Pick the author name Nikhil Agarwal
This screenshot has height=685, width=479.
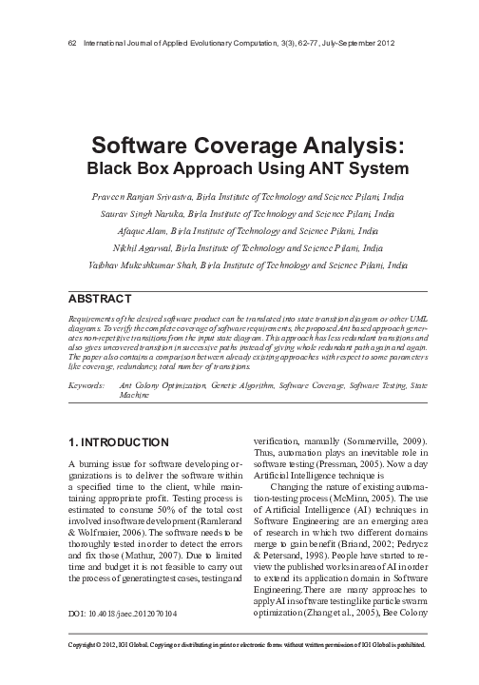tap(143, 247)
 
